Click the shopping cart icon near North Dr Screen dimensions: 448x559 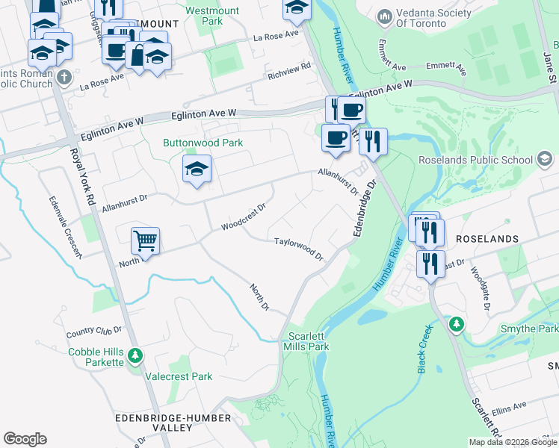145,241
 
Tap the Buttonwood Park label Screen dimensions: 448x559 203,143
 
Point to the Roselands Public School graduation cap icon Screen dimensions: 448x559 545,159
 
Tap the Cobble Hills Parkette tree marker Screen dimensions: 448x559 135,355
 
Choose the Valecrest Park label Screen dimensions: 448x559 179,377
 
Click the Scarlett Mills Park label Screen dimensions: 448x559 306,341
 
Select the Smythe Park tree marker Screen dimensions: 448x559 455,325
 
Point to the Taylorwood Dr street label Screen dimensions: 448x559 297,249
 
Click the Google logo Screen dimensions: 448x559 25,439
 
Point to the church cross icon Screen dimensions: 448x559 65,77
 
